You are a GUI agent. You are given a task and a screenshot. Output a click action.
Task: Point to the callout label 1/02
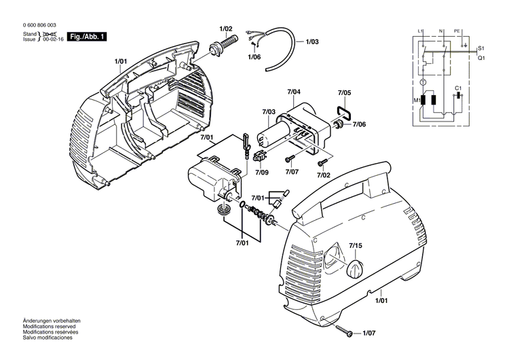pos(226,29)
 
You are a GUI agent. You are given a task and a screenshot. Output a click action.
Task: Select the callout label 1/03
pos(312,42)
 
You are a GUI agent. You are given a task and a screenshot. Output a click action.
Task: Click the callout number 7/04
pos(294,92)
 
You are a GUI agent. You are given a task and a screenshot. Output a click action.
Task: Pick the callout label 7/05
pos(345,92)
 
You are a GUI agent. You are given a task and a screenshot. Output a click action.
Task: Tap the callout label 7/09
pos(262,173)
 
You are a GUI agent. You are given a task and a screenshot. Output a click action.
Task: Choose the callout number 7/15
pos(356,245)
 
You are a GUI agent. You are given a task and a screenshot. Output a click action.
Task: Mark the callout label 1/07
pos(369,333)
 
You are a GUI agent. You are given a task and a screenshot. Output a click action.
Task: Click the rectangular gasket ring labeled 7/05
pos(343,110)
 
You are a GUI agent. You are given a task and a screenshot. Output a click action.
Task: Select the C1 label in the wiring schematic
pos(458,89)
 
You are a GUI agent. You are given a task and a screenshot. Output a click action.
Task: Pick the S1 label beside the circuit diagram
pos(480,50)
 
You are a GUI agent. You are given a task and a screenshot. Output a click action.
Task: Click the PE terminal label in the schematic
pos(457,31)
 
